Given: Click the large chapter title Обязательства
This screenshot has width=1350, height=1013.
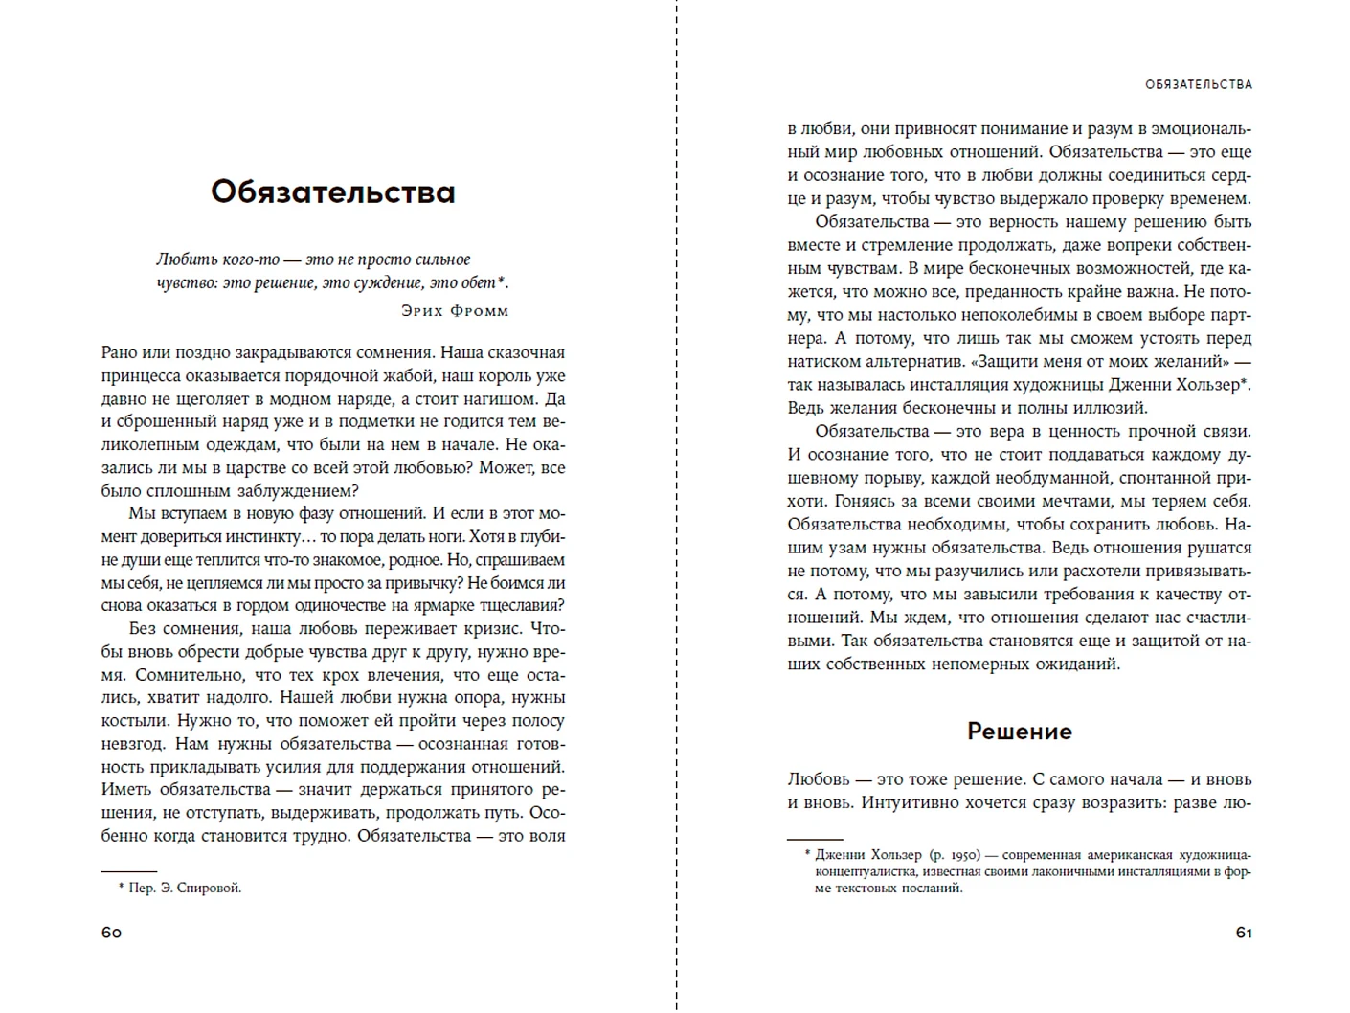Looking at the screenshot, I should [332, 192].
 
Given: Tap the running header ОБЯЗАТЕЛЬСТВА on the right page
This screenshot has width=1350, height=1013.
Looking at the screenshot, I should [1198, 84].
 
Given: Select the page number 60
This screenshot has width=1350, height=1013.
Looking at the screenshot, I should [111, 933].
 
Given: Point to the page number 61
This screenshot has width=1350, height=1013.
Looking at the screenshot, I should [1244, 933].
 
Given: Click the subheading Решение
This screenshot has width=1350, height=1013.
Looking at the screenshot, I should [1019, 732].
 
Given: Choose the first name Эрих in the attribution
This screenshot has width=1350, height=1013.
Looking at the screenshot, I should [422, 311].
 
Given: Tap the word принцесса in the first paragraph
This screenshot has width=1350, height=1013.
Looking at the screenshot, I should [140, 375].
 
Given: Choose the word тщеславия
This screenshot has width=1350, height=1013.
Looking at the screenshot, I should [524, 605].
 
